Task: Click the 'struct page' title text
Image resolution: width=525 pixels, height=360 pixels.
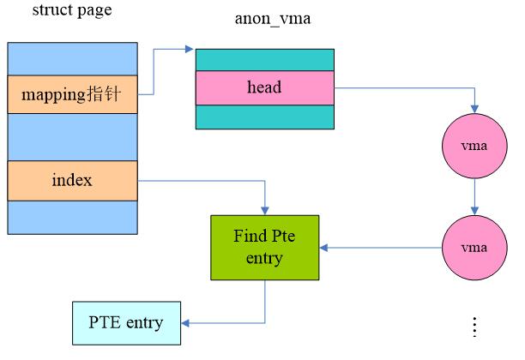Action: click(x=72, y=10)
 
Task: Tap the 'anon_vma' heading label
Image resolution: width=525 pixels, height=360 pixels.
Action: click(x=273, y=19)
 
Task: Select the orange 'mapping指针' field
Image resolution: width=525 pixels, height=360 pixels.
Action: click(x=73, y=94)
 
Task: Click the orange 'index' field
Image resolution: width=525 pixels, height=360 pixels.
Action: click(x=73, y=181)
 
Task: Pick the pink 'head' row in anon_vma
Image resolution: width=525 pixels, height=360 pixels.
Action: click(x=265, y=87)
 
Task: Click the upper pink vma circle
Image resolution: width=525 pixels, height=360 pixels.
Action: click(x=474, y=146)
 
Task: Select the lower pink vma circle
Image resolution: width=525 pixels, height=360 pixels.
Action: click(x=474, y=248)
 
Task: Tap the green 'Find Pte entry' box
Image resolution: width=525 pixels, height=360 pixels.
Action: click(x=265, y=248)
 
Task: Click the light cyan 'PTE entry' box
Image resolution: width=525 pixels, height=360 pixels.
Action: click(x=127, y=323)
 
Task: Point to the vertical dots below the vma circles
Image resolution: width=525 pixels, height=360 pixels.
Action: click(x=474, y=327)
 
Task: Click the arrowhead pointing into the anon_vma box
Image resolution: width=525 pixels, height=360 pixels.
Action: click(x=190, y=49)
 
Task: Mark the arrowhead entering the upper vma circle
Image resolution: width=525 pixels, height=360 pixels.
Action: click(x=474, y=109)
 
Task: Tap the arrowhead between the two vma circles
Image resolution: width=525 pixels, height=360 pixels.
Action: click(x=474, y=211)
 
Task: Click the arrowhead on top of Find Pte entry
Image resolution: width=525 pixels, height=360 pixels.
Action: click(x=265, y=211)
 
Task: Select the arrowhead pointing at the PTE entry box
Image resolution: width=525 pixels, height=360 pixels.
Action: click(x=185, y=323)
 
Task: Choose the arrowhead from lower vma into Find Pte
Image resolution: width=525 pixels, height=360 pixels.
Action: click(x=323, y=248)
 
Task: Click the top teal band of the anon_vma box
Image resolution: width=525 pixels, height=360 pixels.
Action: click(x=265, y=60)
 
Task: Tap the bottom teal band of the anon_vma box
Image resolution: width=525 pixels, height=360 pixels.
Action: click(x=265, y=117)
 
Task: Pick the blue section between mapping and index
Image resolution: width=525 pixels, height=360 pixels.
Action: click(x=73, y=137)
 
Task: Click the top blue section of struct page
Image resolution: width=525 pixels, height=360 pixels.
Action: click(x=73, y=59)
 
